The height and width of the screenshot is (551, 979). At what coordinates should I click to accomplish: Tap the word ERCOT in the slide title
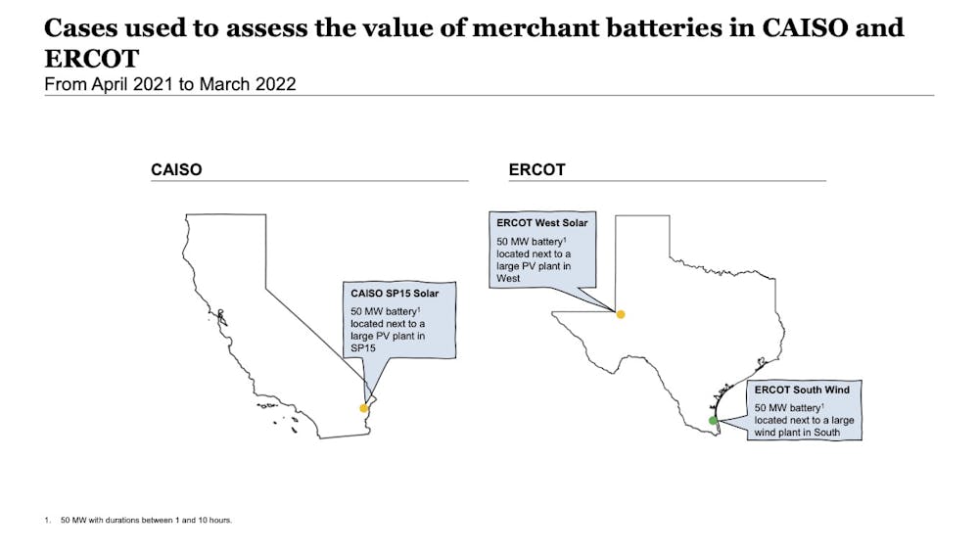[x=92, y=59]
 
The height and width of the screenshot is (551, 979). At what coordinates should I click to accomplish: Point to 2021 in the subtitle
[x=151, y=84]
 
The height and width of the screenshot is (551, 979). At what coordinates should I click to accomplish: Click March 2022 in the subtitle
[x=248, y=84]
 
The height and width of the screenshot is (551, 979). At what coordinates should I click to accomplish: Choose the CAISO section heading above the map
[x=176, y=169]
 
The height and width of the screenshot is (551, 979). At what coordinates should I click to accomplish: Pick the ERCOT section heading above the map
[x=536, y=169]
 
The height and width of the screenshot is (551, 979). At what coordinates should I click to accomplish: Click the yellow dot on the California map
[x=363, y=408]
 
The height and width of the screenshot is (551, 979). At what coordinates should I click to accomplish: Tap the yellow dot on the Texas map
[x=620, y=314]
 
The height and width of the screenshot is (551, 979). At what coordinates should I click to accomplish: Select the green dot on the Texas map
[x=713, y=421]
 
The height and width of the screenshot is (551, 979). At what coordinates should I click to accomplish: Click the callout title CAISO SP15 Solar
[x=395, y=294]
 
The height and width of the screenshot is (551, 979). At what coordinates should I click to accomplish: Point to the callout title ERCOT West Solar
[x=542, y=223]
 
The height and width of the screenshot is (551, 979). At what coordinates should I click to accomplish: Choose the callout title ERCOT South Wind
[x=802, y=390]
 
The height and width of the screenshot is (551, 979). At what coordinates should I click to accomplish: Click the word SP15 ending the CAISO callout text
[x=363, y=348]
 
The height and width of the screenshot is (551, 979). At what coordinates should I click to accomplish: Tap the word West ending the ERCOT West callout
[x=508, y=278]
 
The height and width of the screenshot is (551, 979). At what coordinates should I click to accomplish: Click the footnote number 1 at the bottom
[x=47, y=520]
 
